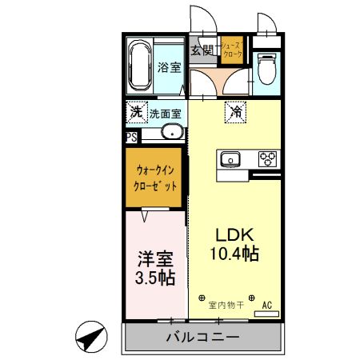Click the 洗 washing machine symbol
coord(137,113)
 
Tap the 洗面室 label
coord(166,113)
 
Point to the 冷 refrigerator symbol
coord(236,114)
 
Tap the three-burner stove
coord(266,158)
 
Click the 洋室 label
coord(155,260)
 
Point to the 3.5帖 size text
coord(155,279)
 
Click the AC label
coord(268,305)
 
